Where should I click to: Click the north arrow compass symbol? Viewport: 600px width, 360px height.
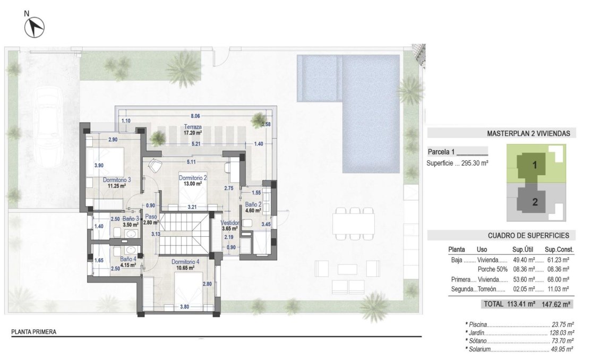click(x=36, y=27)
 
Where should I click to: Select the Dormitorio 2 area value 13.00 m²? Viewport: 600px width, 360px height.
click(x=192, y=184)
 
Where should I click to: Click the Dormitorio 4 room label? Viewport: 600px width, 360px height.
click(x=185, y=262)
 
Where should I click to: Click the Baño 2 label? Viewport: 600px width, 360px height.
click(x=252, y=204)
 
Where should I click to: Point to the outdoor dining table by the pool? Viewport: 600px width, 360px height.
click(x=354, y=222)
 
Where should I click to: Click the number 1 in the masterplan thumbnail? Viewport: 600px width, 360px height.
click(x=535, y=165)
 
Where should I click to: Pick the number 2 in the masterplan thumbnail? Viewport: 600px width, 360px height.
click(x=535, y=202)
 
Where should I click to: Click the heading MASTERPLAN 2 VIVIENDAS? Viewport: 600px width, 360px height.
click(x=528, y=134)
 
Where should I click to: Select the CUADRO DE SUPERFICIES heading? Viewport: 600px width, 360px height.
click(x=528, y=235)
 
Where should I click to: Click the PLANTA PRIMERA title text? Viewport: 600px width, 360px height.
click(x=34, y=332)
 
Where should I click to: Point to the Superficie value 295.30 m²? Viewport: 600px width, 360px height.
click(x=475, y=164)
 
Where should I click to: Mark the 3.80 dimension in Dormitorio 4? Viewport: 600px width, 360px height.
click(x=184, y=306)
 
